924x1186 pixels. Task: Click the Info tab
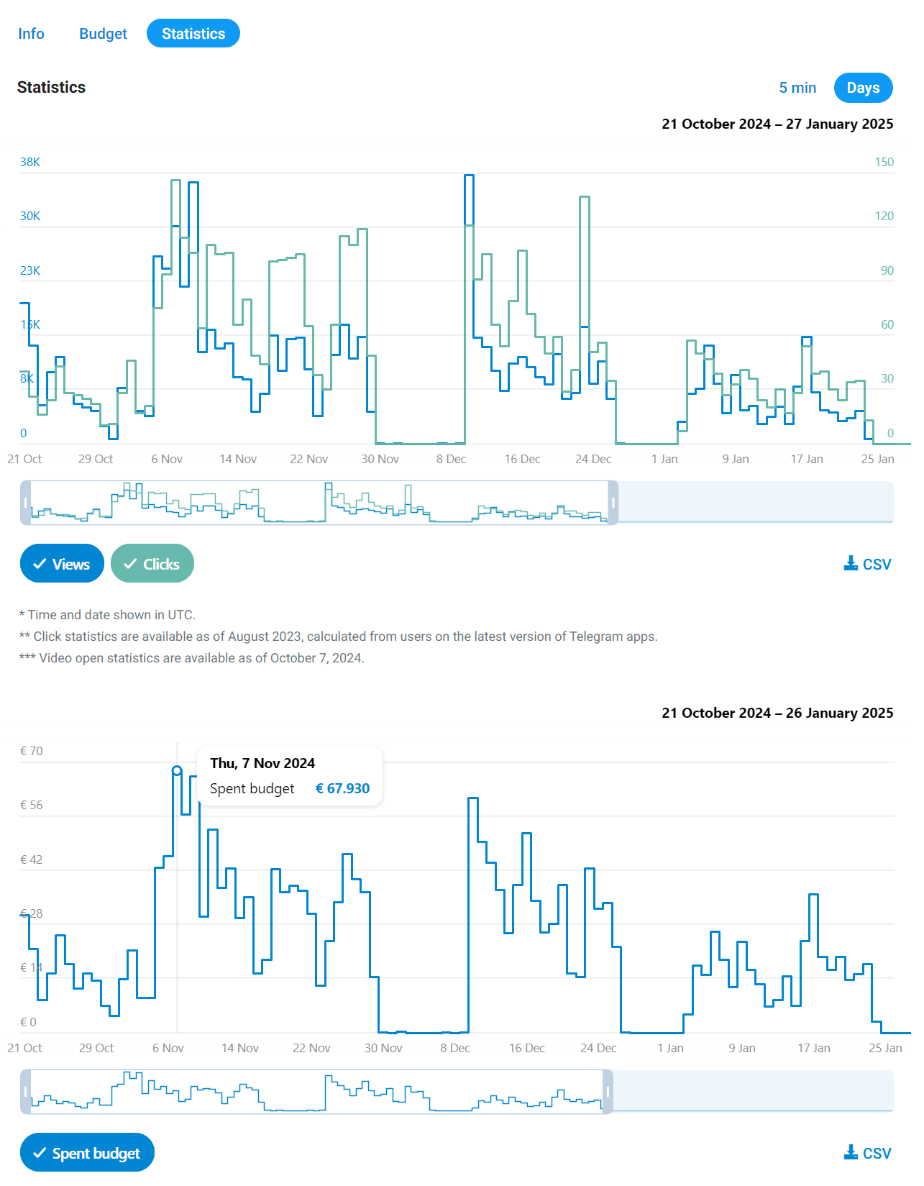31,34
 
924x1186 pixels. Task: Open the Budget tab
103,34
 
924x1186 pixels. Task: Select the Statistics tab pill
193,34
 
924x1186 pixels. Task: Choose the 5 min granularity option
797,88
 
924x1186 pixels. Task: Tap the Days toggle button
863,88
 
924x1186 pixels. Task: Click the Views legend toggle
62,564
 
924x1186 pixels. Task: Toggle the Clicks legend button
152,564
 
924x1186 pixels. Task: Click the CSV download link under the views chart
867,564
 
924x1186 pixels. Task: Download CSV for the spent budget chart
867,1153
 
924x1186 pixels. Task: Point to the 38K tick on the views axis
30,162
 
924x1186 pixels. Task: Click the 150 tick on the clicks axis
884,162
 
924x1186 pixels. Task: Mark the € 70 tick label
32,751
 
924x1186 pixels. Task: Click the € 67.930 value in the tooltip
343,788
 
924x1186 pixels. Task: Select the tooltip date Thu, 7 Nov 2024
262,763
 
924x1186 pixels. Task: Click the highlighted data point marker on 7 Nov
177,771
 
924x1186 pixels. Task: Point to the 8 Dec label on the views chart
451,459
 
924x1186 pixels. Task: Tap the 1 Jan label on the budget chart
670,1048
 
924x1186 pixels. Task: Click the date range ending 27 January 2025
777,124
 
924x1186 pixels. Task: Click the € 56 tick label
32,805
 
